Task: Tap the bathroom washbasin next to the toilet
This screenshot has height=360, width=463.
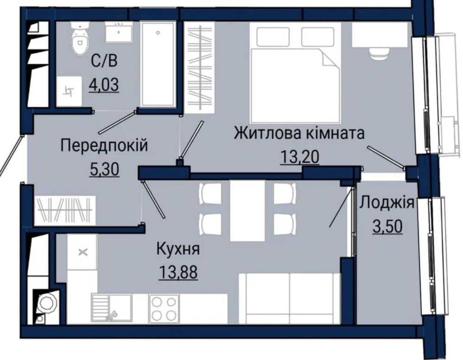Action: [x=118, y=32]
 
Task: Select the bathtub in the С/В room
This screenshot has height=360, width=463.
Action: [x=158, y=64]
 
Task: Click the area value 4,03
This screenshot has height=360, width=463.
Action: [x=104, y=85]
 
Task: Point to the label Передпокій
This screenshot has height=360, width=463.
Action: [x=104, y=145]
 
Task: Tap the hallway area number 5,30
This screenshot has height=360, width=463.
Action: [x=104, y=170]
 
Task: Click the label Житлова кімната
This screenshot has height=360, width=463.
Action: [x=299, y=133]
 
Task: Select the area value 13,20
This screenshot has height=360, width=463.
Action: [x=300, y=157]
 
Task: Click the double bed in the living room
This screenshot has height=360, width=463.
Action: [x=295, y=73]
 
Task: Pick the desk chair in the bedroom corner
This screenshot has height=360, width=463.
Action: [x=379, y=54]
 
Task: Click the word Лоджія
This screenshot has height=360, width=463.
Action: [x=387, y=203]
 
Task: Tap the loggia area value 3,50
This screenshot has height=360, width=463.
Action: [x=387, y=227]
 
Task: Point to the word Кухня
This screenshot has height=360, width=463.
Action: [x=178, y=249]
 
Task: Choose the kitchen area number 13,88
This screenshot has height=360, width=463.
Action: [x=178, y=272]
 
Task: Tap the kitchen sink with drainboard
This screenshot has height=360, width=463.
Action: [x=111, y=309]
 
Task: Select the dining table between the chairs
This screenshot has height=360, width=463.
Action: [x=247, y=210]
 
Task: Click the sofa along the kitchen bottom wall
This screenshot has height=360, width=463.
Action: [x=289, y=298]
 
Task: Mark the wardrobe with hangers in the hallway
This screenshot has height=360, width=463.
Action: [x=65, y=210]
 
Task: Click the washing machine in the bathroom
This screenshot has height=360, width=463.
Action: [x=69, y=91]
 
